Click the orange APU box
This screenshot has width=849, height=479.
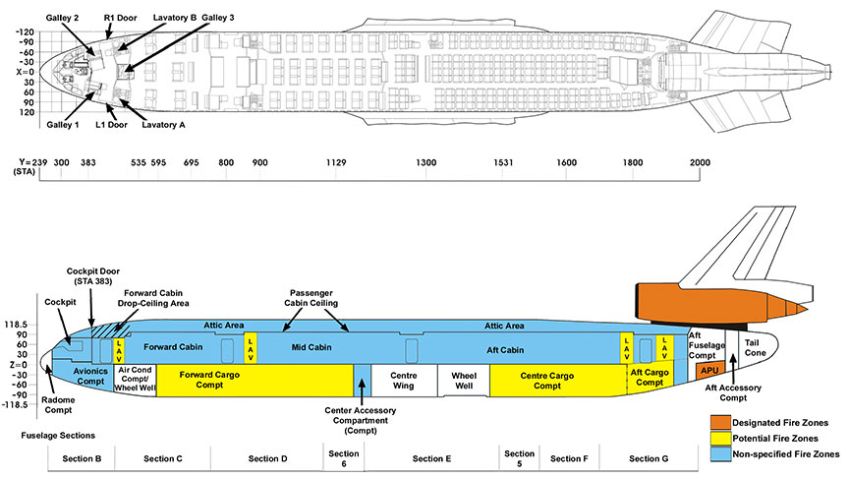pyautogui.click(x=710, y=372)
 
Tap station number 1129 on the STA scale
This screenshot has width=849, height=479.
pyautogui.click(x=337, y=161)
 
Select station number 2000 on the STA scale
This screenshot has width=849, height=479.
pyautogui.click(x=701, y=161)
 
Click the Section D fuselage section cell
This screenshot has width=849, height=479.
pyautogui.click(x=267, y=459)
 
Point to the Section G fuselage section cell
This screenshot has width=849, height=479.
pyautogui.click(x=648, y=459)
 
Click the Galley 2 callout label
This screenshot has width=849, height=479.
pyautogui.click(x=61, y=18)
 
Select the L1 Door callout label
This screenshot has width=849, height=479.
pyautogui.click(x=111, y=125)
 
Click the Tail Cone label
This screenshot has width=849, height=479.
pyautogui.click(x=756, y=345)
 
